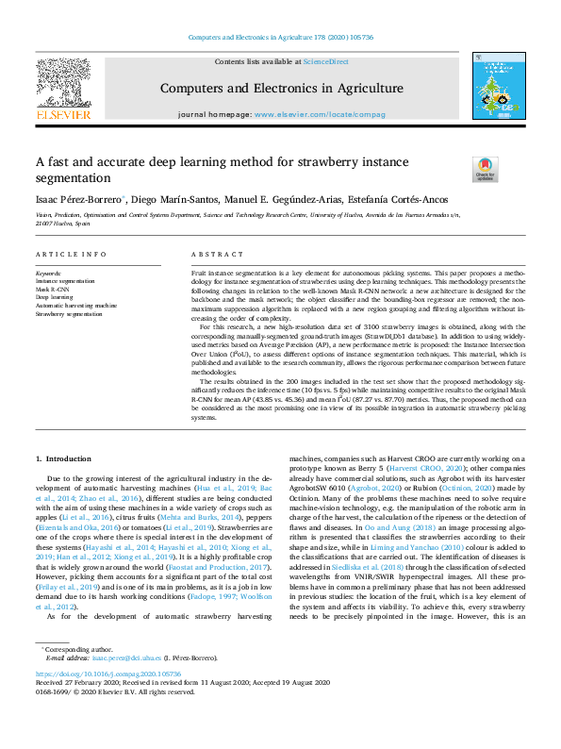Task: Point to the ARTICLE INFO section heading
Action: pyautogui.click(x=72, y=255)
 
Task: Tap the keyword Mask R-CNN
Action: pyautogui.click(x=54, y=289)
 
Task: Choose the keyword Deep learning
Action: pyautogui.click(x=56, y=297)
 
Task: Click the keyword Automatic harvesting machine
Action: pyautogui.click(x=76, y=306)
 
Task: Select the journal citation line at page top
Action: pyautogui.click(x=280, y=37)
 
